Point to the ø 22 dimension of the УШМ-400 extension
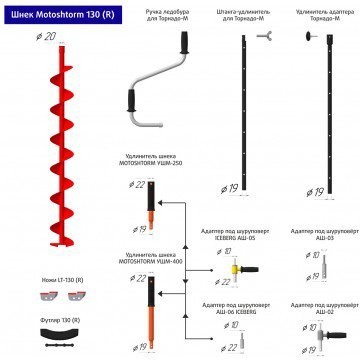139,277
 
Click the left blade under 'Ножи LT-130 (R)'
42,297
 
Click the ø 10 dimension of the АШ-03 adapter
316,255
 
